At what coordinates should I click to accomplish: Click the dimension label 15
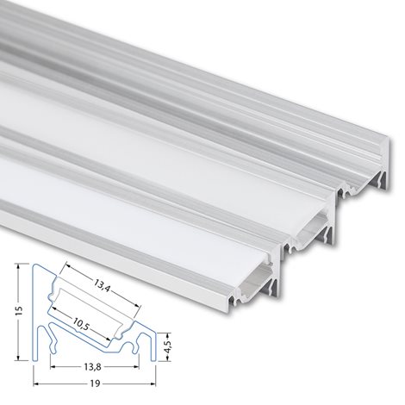tap(19, 311)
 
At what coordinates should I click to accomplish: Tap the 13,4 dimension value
tap(102, 285)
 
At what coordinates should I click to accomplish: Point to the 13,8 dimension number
tap(92, 367)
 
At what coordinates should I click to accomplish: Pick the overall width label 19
tap(95, 383)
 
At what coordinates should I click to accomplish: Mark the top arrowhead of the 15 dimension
tap(19, 266)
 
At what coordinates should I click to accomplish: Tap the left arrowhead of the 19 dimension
tap(36, 383)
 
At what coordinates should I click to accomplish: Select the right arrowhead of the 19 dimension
tap(153, 383)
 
